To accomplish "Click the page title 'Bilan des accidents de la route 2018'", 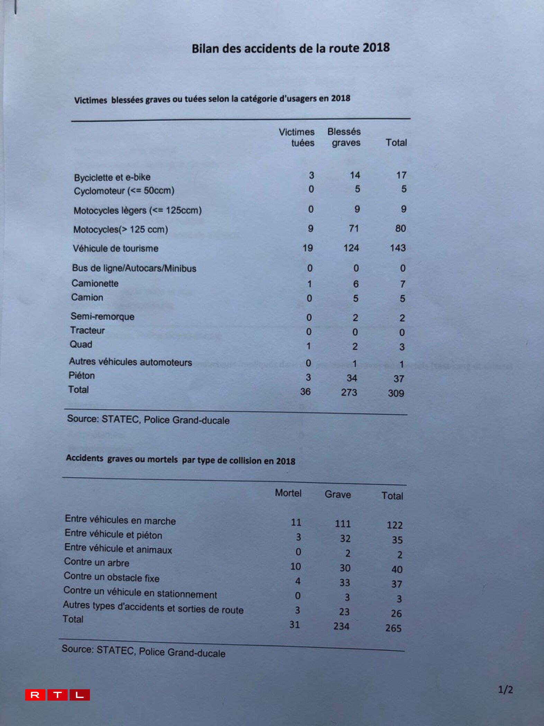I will coord(291,48).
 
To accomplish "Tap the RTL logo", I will coord(57,695).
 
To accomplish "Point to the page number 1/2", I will coord(505,690).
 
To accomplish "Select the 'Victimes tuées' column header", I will coord(297,137).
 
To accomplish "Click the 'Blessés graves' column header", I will coord(344,137).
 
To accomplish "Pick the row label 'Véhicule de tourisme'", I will coord(116,248).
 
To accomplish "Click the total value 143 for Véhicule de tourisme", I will coord(398,248).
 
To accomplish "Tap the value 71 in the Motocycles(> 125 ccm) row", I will coord(354,229).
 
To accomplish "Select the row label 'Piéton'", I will coord(82,375).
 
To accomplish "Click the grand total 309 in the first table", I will coord(396,393).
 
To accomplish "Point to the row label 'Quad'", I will coord(81,344).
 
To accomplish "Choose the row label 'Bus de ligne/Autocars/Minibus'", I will coord(134,268).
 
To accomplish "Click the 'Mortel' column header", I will coord(288,493).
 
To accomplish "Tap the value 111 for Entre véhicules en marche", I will coord(343,524).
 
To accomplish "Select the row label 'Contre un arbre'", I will coord(97,562).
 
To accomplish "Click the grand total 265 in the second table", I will coord(393,628).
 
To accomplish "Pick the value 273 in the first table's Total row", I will coord(349,392).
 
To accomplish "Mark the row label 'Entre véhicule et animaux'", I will coord(118,549).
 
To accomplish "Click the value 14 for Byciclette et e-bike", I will coord(355,175).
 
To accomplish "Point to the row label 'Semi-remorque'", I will coord(102,317).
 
